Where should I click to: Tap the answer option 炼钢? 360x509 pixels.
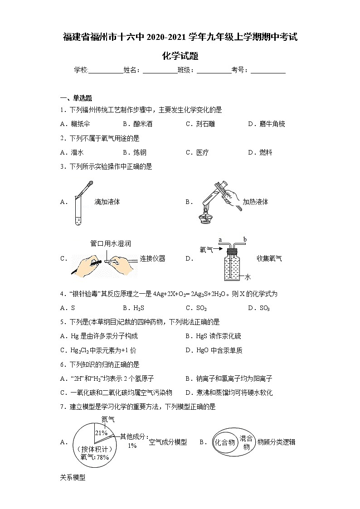(140, 153)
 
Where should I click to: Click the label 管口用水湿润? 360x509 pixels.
(111, 243)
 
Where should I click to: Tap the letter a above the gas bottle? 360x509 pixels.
(220, 239)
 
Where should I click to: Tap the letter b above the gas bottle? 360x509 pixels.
(245, 239)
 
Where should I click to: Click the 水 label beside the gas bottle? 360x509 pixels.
(248, 276)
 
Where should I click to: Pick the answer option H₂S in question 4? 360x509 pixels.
(138, 308)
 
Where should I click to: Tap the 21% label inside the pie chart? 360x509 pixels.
(101, 433)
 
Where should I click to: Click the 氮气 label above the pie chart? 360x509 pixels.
(107, 420)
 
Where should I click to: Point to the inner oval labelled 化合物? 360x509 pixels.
(225, 442)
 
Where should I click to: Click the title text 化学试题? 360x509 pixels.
(180, 56)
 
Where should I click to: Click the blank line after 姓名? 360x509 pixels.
(160, 70)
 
